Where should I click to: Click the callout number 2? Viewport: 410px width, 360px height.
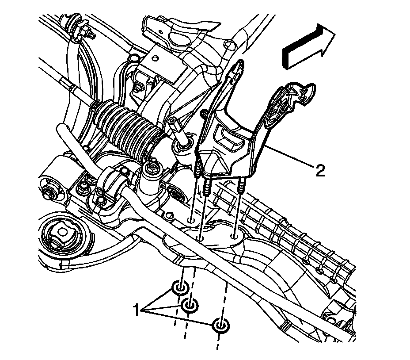(320, 169)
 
